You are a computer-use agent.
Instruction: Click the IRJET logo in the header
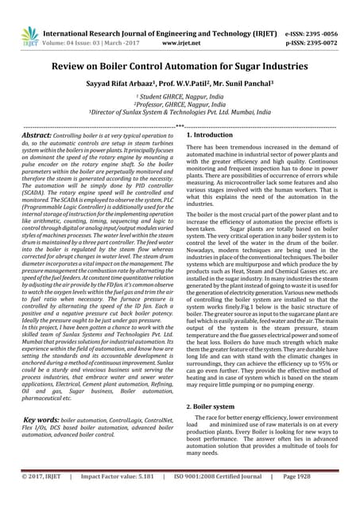[29, 34]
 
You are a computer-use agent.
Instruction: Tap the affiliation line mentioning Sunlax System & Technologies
[180, 113]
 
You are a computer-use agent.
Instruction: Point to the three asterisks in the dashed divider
[180, 126]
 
